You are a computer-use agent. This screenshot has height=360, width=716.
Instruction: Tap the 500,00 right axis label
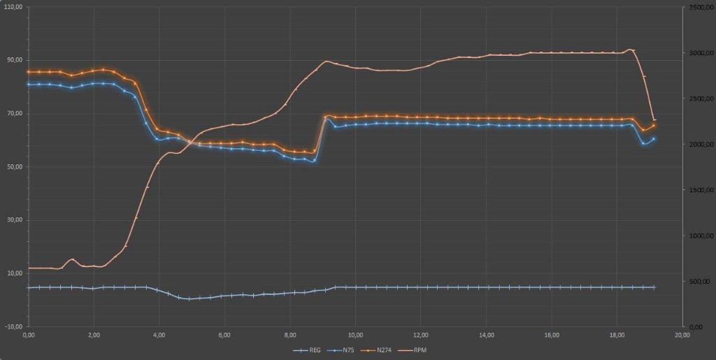tap(699, 281)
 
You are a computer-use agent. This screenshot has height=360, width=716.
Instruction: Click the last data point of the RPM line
tap(654, 120)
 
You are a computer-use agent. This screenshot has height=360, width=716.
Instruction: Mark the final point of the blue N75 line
tap(654, 138)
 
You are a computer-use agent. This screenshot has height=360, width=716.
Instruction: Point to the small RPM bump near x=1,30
tap(71, 259)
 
